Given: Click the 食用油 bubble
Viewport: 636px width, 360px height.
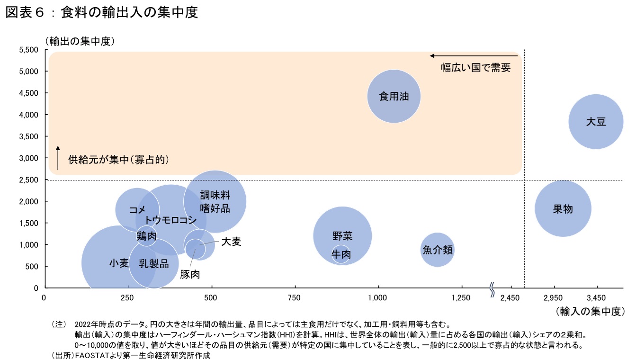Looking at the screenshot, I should click(x=394, y=96).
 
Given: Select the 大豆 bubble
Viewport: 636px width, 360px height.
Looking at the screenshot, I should click(x=595, y=121).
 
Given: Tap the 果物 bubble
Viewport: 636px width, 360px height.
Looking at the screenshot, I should click(x=563, y=208).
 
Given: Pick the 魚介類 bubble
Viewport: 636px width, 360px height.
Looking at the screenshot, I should click(x=437, y=250).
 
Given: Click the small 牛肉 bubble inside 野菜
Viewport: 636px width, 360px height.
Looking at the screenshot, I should click(x=340, y=254).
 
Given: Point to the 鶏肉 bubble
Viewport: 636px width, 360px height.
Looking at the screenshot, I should click(x=146, y=235).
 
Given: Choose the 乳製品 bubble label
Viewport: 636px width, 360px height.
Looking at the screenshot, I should click(x=153, y=264).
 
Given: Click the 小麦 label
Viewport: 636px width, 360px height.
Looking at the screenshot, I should click(x=118, y=263).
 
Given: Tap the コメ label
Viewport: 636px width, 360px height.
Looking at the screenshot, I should click(x=137, y=209).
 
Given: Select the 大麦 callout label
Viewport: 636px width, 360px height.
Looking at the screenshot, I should click(x=231, y=242).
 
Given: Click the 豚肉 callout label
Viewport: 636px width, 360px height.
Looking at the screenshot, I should click(x=189, y=274).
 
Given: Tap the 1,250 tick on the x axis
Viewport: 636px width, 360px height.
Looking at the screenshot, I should click(x=461, y=298).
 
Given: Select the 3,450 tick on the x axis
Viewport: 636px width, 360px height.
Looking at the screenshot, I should click(x=596, y=298).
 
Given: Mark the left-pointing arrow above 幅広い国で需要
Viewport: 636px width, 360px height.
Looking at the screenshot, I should click(x=474, y=55).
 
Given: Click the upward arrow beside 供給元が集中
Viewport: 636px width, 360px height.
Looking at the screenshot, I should click(x=58, y=158).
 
